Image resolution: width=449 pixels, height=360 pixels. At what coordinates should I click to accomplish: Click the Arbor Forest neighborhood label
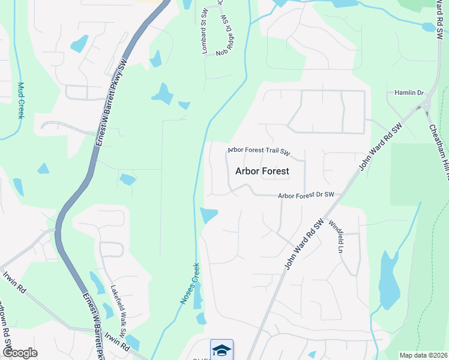(x=262, y=171)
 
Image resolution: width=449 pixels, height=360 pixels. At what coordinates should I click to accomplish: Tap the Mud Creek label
(x=20, y=100)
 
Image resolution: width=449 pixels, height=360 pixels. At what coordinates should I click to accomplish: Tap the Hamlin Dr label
(x=409, y=93)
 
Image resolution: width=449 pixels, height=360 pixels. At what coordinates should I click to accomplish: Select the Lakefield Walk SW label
(x=118, y=308)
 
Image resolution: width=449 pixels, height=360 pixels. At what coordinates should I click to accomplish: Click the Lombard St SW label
(x=204, y=40)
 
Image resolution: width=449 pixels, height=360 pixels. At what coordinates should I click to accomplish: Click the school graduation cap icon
(x=221, y=350)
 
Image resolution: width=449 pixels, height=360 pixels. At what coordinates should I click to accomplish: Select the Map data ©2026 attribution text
(x=424, y=355)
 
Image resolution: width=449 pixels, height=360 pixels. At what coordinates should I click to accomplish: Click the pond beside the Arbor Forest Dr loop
(x=208, y=214)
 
